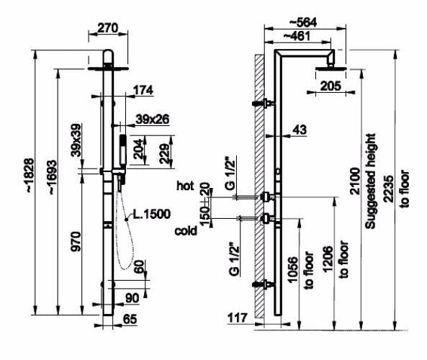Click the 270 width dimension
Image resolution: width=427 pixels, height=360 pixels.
coord(107,28)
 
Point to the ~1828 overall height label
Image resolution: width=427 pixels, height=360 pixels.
coord(30,176)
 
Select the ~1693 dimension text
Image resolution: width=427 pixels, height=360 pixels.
coord(53,177)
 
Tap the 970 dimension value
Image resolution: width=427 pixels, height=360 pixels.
coord(76,241)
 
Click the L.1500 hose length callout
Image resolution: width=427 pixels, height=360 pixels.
coord(152,214)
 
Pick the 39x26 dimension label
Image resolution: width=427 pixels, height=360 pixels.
coord(153,119)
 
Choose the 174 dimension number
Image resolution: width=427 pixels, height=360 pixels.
coord(143,90)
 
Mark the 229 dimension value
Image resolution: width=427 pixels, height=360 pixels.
coord(164,153)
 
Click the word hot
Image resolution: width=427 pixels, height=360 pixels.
coord(185,186)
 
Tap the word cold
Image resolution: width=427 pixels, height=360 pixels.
coord(186,231)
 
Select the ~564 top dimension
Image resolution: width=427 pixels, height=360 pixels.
coord(303,22)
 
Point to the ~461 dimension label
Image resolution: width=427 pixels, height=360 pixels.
coord(297,36)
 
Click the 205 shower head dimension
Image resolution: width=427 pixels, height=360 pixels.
coord(331,86)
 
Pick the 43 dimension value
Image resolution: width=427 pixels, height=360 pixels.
coord(300,130)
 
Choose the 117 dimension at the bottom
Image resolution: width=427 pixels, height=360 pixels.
coord(238,318)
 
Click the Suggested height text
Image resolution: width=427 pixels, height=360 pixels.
coord(370,181)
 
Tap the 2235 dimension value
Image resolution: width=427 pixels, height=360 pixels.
coord(389,189)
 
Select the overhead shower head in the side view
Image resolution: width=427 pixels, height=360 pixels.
coord(331,68)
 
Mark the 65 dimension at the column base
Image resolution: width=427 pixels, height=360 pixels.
coord(130,319)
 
